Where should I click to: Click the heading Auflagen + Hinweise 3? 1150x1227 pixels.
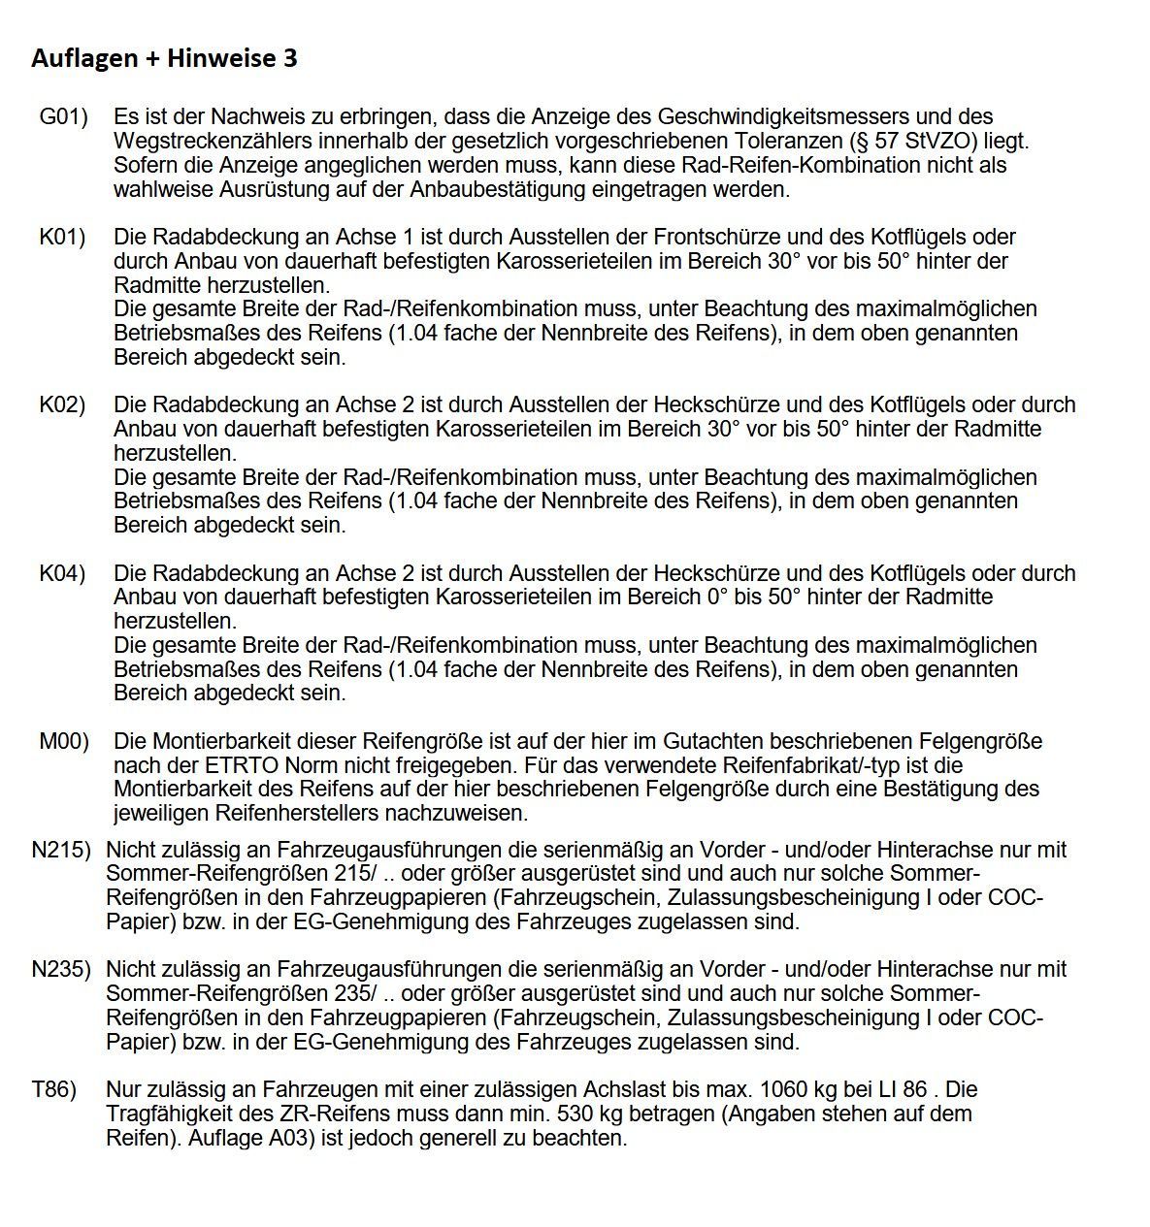coord(164,59)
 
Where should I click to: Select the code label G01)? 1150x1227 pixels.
coord(63,117)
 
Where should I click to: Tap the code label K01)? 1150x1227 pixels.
coord(62,237)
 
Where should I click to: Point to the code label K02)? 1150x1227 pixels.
coord(62,404)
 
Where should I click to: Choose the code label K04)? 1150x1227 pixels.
coord(62,573)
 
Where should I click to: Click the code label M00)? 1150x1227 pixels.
coord(64,742)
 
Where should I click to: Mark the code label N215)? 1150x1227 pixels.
coord(61,851)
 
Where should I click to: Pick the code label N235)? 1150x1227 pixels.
coord(61,969)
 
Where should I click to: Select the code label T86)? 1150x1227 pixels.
coord(54,1089)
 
